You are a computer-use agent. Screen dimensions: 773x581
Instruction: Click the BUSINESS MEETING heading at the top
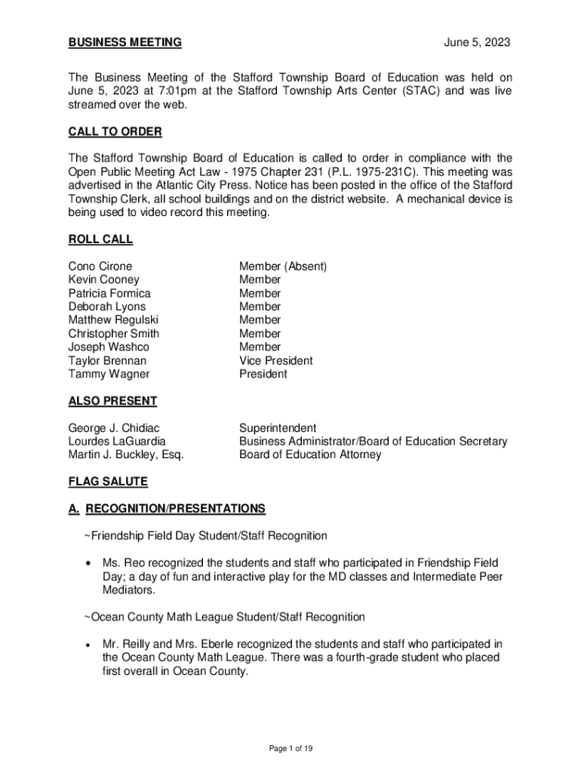124,43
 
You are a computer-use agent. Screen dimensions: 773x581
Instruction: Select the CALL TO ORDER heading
115,132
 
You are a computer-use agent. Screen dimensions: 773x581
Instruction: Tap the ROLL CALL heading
100,239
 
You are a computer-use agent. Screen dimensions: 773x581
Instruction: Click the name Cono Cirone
100,266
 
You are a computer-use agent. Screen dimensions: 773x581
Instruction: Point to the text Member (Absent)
283,266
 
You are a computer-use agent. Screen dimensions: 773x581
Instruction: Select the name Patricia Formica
109,293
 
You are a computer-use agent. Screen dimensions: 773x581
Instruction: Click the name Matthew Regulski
113,320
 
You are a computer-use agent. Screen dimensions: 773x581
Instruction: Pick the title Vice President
275,361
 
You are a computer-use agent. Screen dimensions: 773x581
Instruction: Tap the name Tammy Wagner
109,374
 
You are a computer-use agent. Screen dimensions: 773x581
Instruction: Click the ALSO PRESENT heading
112,401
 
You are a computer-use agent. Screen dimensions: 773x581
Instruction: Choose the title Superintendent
278,428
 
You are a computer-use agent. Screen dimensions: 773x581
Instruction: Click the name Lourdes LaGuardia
117,442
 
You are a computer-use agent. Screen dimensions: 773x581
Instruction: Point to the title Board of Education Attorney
310,454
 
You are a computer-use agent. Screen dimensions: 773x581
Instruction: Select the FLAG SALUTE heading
108,482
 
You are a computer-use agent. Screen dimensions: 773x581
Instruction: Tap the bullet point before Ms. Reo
91,564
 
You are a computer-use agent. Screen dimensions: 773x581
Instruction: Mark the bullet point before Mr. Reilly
91,645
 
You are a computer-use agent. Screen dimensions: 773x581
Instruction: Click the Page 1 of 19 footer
290,748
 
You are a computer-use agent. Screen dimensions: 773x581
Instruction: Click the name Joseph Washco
109,347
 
